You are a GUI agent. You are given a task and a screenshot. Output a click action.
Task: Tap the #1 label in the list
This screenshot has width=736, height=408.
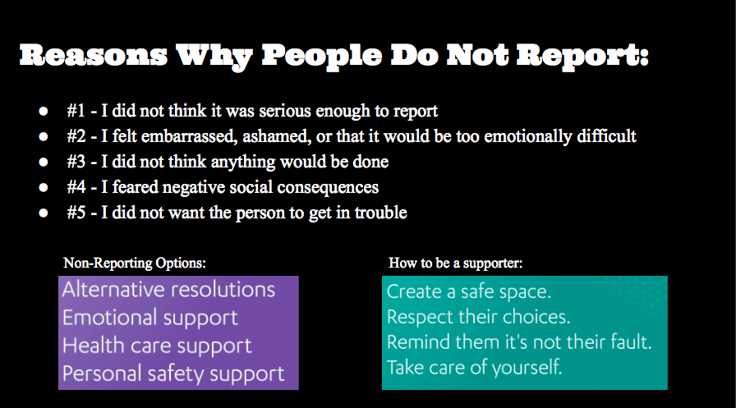[78, 111]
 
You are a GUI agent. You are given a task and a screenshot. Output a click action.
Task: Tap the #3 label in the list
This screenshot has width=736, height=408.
[78, 162]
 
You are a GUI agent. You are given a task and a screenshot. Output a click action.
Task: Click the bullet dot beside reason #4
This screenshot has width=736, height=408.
[43, 188]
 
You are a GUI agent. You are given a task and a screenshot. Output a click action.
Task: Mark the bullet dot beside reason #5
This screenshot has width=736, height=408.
[43, 213]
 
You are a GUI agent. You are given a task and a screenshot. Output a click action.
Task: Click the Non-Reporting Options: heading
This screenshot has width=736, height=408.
[135, 264]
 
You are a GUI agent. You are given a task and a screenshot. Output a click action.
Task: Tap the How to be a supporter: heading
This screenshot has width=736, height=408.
[456, 264]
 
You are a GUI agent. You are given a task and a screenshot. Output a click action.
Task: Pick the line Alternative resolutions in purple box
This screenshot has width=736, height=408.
[168, 290]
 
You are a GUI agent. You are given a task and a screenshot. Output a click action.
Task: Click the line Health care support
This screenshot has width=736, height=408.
[156, 346]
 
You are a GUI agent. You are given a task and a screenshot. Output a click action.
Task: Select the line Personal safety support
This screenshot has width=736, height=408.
[172, 374]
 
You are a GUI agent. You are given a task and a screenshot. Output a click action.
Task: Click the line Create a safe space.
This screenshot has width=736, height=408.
[469, 291]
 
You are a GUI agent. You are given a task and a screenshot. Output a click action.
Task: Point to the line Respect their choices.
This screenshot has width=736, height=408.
[478, 316]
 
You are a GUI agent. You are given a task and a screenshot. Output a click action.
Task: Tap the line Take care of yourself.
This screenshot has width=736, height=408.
[475, 367]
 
